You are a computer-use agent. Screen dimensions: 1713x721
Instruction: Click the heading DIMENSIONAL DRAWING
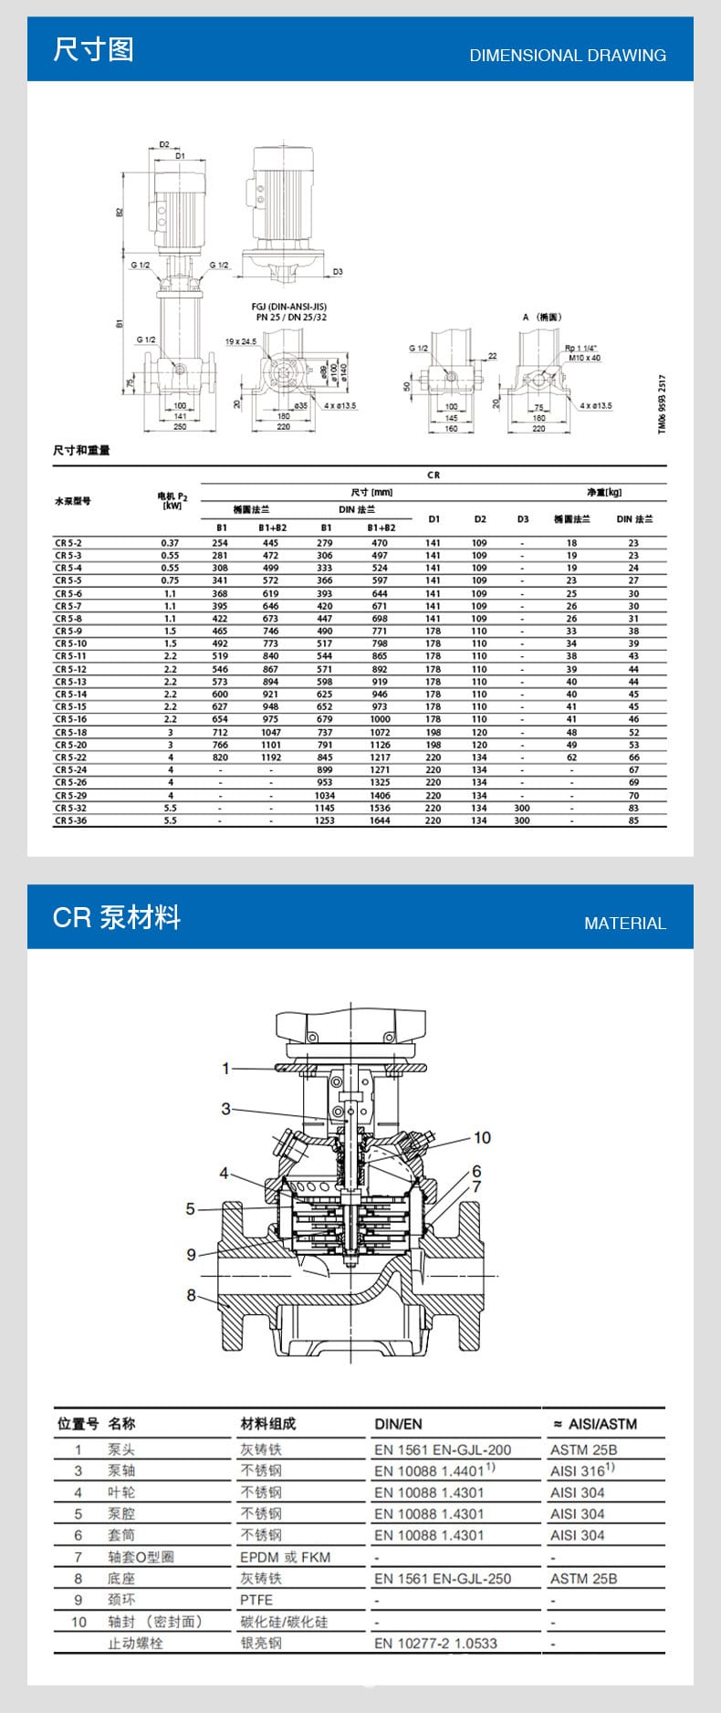tap(567, 56)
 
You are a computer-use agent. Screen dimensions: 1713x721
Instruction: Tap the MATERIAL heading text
tap(624, 924)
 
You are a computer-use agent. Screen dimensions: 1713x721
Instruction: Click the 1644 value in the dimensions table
tap(380, 820)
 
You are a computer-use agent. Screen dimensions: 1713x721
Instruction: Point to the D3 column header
tap(523, 519)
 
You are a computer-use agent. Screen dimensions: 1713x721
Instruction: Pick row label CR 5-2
tap(68, 543)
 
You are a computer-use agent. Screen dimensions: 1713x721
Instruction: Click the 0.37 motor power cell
tap(170, 543)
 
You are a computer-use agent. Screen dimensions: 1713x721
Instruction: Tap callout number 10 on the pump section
tap(482, 1137)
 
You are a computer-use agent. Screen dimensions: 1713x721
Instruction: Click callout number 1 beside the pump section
tap(226, 1068)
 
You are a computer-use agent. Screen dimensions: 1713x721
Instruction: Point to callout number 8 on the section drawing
tap(191, 1294)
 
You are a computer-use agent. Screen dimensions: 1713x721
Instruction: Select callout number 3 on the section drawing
tap(225, 1109)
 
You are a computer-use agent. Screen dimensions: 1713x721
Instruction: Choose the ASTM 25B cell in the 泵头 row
tap(583, 1449)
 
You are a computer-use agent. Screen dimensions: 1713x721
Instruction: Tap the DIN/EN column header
tap(398, 1424)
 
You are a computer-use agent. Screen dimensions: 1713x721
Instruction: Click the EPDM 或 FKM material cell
tap(285, 1557)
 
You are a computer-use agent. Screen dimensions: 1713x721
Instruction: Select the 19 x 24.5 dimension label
tap(241, 341)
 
